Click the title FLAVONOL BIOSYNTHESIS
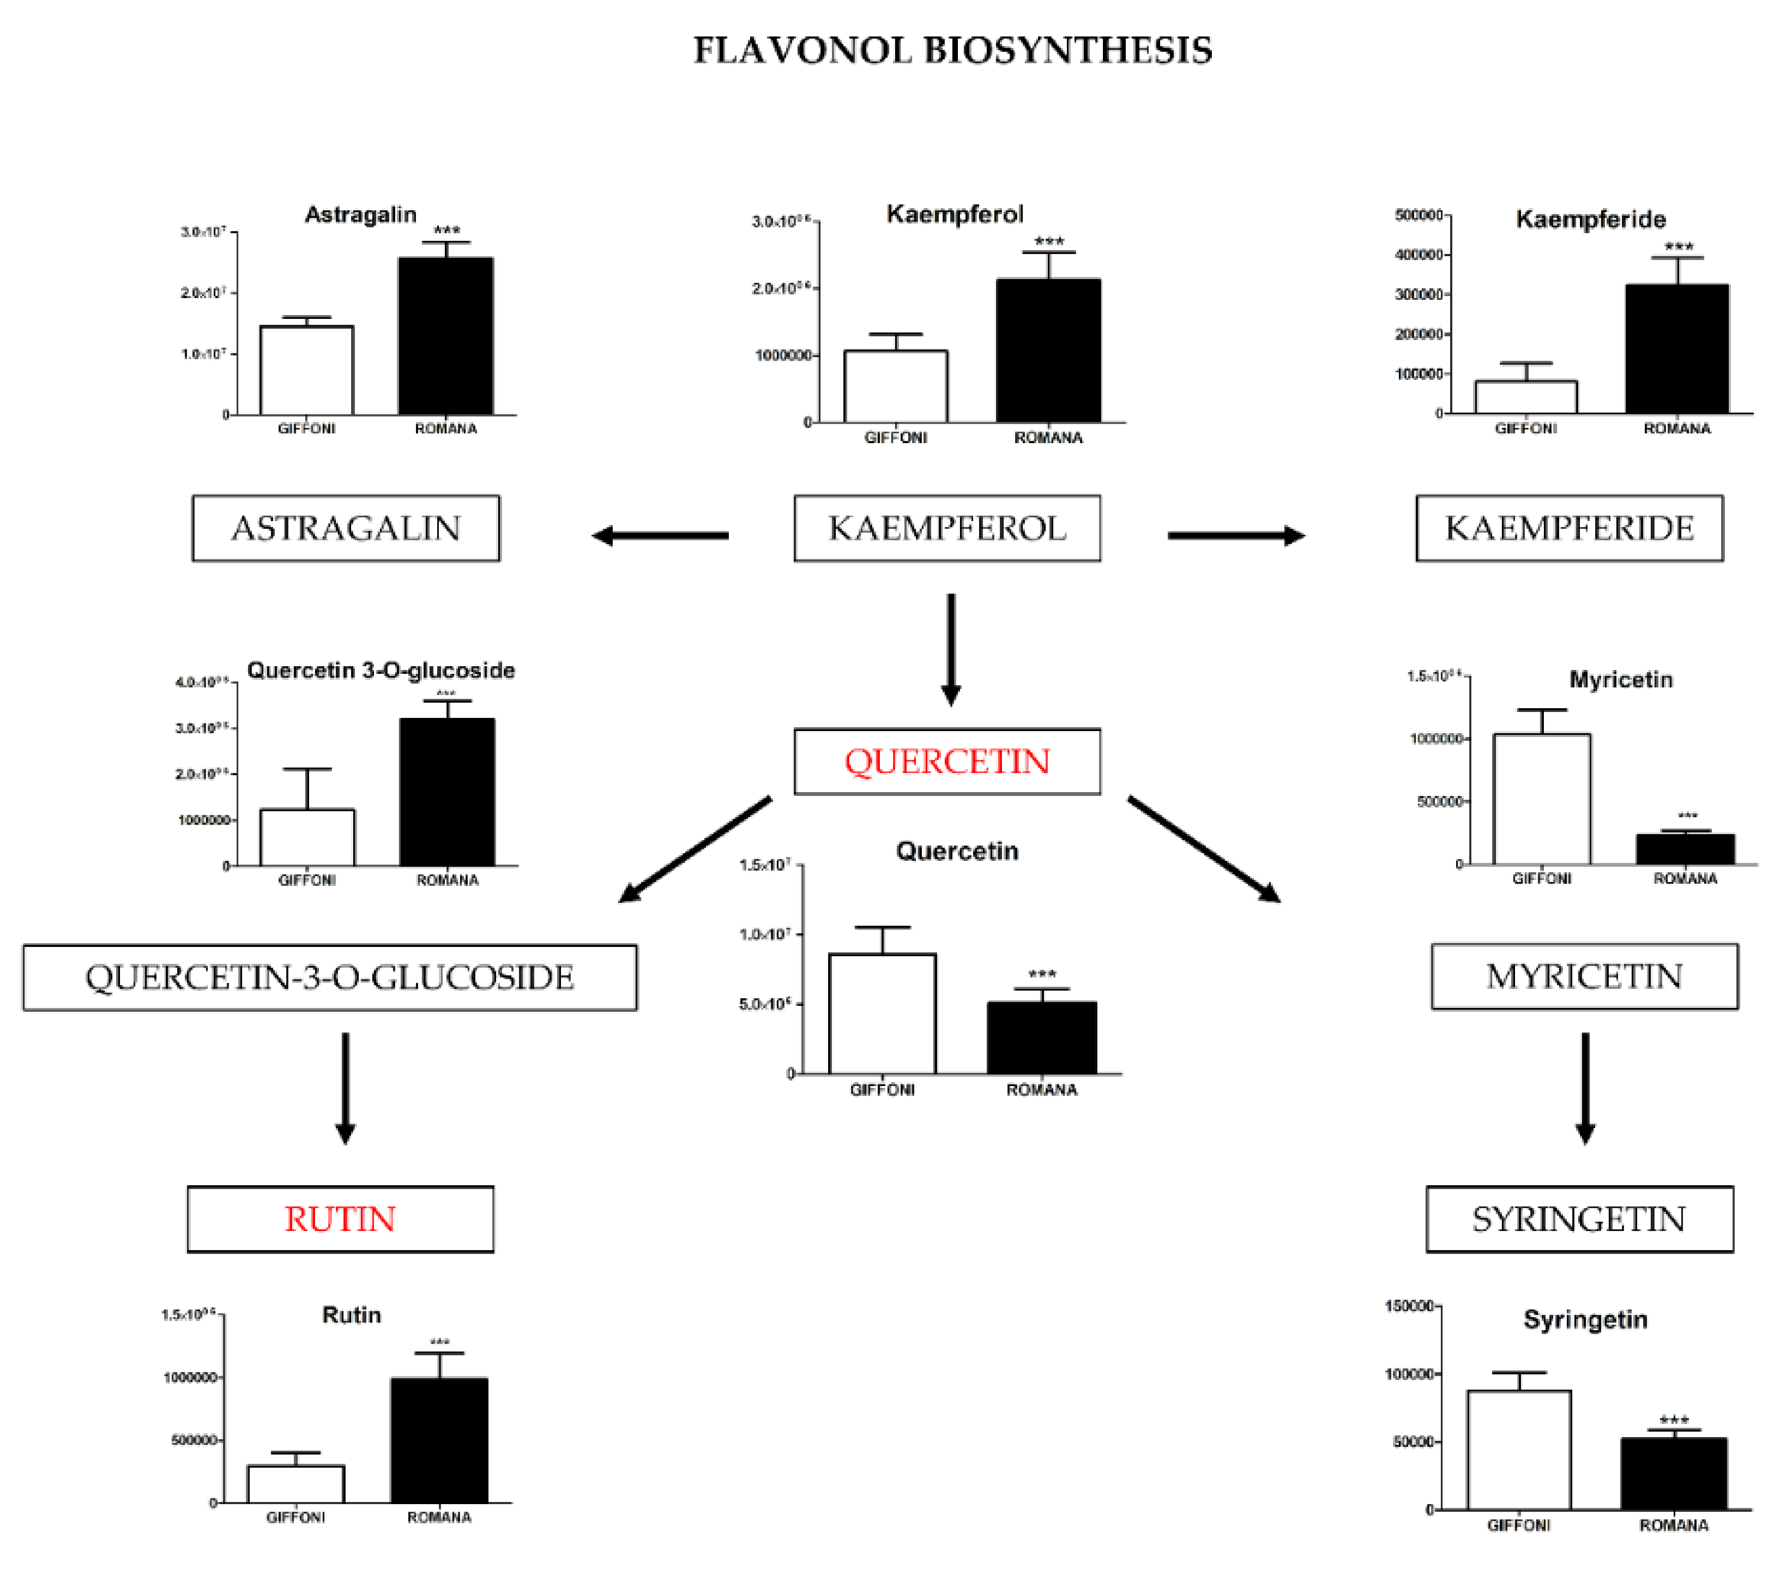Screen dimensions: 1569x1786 (x=952, y=50)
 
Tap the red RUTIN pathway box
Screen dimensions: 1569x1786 (x=340, y=1219)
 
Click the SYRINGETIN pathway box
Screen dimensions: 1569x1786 (x=1579, y=1219)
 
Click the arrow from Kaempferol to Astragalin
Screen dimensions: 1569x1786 (x=661, y=536)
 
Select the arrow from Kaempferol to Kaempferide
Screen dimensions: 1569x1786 (x=1236, y=536)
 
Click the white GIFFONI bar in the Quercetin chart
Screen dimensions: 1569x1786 (x=882, y=1013)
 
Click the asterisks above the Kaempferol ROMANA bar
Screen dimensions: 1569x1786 (x=1049, y=241)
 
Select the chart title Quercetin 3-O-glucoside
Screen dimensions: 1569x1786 (x=381, y=670)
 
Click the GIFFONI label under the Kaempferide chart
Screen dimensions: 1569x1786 (x=1526, y=428)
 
